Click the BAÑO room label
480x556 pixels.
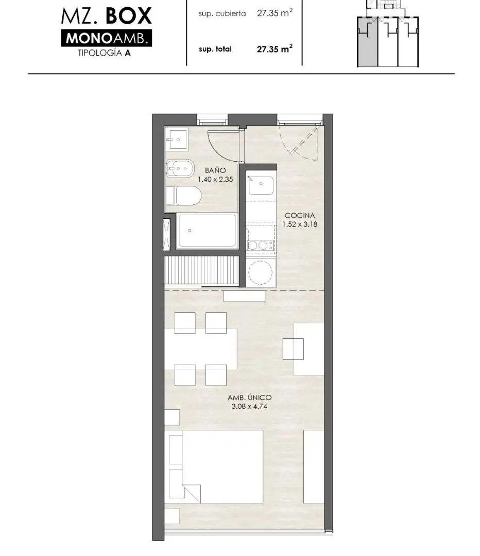point(215,170)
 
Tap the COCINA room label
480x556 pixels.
point(300,215)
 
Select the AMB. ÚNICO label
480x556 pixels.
point(249,397)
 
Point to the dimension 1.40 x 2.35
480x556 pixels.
point(215,180)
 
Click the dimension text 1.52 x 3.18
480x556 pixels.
point(300,224)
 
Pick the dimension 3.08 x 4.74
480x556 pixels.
point(249,406)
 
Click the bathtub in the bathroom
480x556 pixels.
point(207,231)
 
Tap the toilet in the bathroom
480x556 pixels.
point(184,196)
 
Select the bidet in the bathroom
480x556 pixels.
point(180,169)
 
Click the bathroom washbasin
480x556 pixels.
point(177,140)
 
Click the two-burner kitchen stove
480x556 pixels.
point(261,245)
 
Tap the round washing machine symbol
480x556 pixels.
point(261,272)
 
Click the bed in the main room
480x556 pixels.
point(216,466)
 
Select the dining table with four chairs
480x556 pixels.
point(200,349)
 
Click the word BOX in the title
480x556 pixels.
point(128,16)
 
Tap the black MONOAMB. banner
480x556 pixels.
point(107,38)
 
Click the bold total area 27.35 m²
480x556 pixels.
point(275,48)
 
